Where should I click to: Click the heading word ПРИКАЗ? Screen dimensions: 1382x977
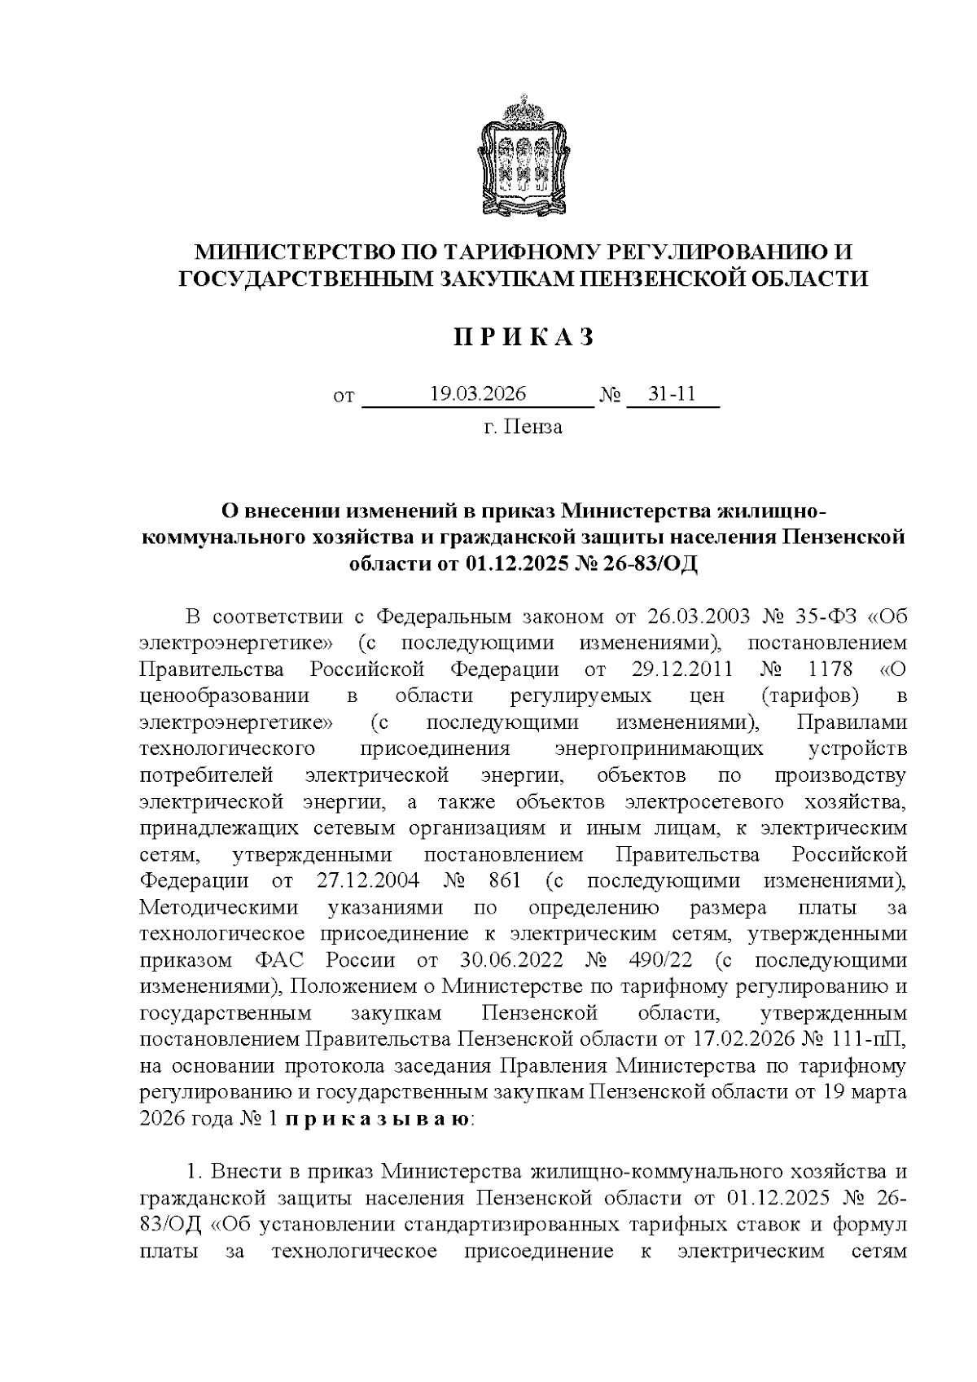[522, 337]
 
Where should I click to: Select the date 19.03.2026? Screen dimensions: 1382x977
[478, 394]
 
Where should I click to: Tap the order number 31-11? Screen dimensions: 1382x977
[672, 394]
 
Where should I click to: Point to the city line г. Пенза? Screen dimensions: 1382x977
[522, 427]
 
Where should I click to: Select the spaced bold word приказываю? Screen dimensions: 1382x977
[376, 1120]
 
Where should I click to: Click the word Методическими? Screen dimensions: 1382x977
[219, 907]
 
